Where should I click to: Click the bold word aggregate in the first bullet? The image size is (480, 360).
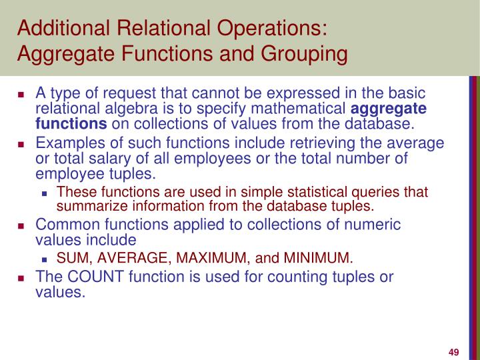(389, 109)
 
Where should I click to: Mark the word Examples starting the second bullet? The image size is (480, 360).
(64, 143)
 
